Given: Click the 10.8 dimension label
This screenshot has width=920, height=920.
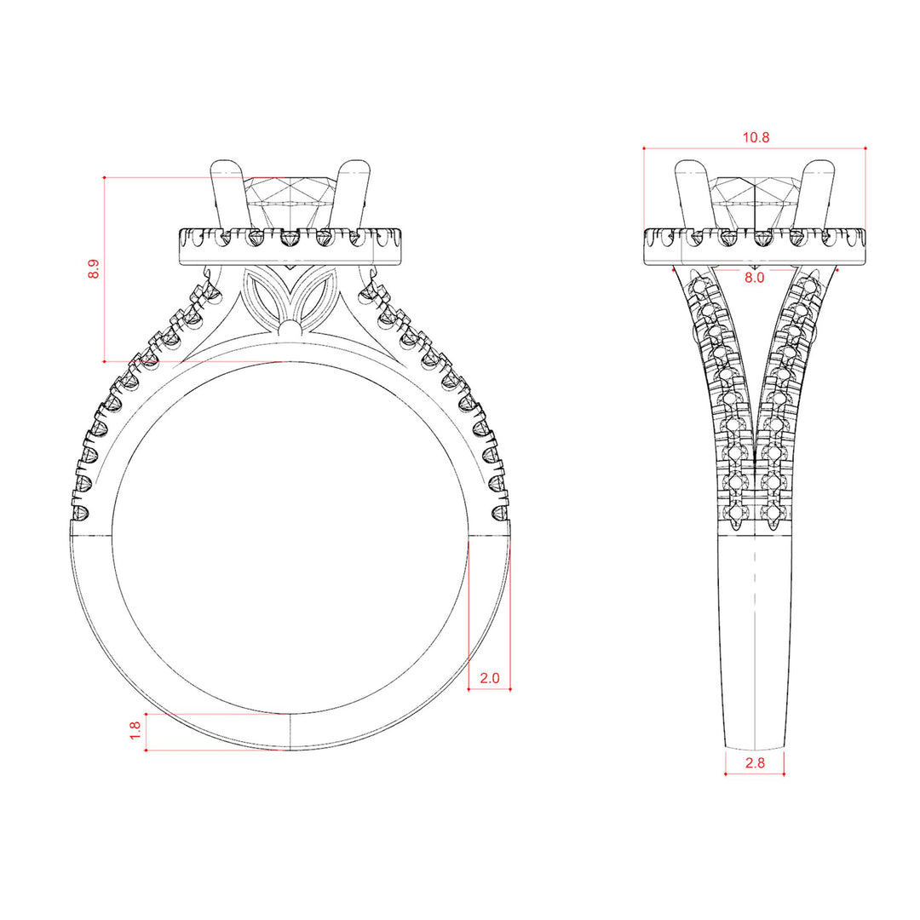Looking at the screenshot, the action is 756,138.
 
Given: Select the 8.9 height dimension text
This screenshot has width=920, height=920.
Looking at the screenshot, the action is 94,269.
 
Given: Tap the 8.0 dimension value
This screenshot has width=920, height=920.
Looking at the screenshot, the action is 755,278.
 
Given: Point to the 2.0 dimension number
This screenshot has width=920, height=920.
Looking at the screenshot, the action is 489,678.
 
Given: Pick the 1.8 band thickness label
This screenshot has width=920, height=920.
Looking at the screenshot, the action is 135,731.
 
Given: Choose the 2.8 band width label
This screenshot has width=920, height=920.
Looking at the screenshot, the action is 755,762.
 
